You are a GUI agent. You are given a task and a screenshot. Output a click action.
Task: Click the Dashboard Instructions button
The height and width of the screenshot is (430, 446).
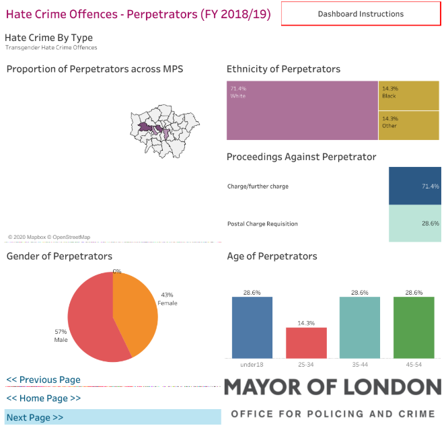tap(361, 13)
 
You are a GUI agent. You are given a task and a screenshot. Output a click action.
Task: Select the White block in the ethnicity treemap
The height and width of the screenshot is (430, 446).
tap(302, 111)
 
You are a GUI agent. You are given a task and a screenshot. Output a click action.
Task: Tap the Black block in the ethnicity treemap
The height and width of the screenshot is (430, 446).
tap(409, 96)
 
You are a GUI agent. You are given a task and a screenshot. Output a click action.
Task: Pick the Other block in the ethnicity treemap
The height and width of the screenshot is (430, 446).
tap(409, 125)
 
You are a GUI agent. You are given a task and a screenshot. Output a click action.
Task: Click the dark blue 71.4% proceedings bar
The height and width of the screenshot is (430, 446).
tap(414, 186)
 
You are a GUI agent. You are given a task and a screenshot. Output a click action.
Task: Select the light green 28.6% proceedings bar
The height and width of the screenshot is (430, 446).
tap(414, 223)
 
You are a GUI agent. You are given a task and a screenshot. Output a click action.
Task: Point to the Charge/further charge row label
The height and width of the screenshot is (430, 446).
tap(258, 186)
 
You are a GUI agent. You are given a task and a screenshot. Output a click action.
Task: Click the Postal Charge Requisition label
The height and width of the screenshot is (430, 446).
tap(262, 223)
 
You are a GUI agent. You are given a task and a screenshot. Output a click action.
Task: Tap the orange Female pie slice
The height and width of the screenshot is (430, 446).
tap(135, 310)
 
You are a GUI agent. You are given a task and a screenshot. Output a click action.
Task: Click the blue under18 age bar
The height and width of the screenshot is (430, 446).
tap(252, 327)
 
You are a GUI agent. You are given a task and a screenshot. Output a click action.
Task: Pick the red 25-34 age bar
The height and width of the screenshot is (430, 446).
tap(306, 343)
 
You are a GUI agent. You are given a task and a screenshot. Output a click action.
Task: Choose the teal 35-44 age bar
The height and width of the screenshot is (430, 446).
tap(360, 327)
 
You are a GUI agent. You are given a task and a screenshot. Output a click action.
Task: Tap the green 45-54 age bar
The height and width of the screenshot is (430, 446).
tap(414, 327)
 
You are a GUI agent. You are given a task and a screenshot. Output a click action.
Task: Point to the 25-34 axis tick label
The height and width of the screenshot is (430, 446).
tap(306, 364)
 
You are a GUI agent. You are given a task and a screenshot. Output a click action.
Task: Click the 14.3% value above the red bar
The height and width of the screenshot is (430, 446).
tap(306, 323)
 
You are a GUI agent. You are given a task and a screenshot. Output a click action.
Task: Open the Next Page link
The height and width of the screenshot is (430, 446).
tap(35, 417)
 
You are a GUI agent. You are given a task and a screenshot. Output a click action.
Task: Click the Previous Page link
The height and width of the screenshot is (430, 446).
tap(43, 380)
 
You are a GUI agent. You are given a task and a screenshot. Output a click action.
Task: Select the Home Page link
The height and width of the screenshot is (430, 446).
tap(43, 398)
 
